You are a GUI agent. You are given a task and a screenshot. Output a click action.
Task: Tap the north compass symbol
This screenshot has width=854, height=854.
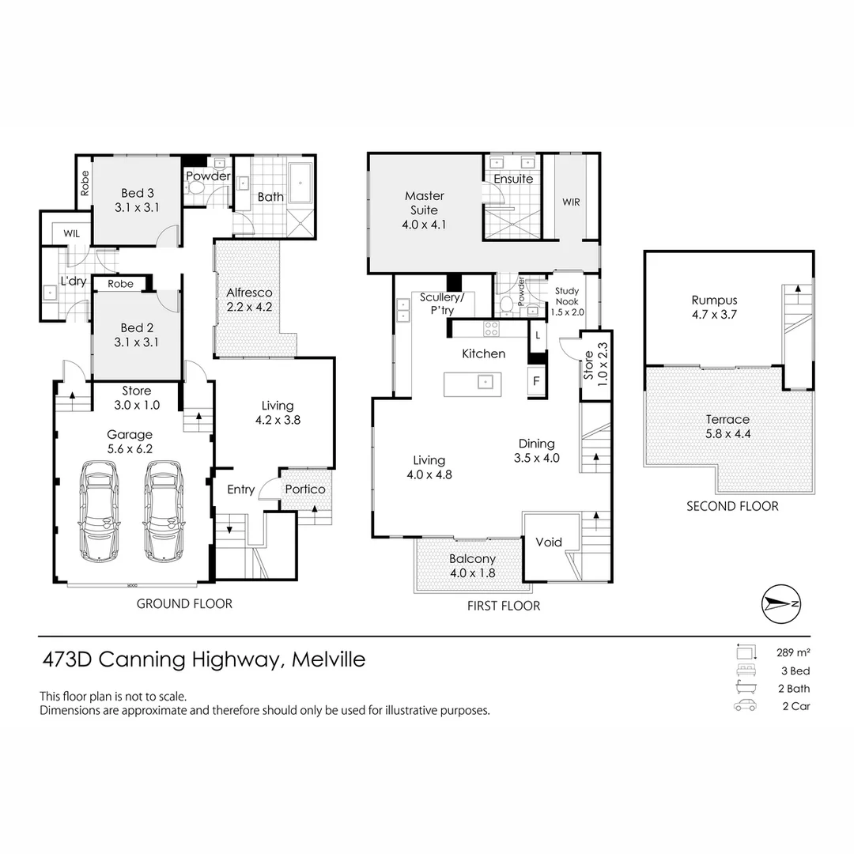point(780,603)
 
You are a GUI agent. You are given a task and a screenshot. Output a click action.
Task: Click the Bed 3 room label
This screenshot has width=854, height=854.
point(133,193)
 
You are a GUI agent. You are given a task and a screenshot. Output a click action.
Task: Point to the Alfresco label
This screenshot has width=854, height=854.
point(250,293)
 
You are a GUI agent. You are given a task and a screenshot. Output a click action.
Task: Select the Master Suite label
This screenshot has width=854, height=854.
point(425,196)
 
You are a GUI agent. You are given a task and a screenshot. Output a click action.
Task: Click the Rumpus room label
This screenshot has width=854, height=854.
point(714,300)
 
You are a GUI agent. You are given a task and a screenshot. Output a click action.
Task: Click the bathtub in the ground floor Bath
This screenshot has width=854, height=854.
point(300,184)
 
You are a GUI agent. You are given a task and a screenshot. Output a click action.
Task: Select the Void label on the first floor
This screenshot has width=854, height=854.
point(549,542)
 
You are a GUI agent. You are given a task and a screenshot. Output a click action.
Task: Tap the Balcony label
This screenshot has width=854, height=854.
point(473,559)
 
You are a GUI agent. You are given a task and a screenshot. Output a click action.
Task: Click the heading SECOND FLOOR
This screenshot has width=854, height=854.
point(731,506)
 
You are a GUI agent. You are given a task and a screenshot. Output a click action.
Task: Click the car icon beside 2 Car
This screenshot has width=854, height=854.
point(744,706)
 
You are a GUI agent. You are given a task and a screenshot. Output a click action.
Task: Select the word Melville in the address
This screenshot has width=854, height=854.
point(329,659)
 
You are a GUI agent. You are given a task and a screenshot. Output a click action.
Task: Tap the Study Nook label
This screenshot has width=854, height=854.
point(566,297)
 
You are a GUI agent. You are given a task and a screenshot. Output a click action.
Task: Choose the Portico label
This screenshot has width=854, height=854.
point(305,489)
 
